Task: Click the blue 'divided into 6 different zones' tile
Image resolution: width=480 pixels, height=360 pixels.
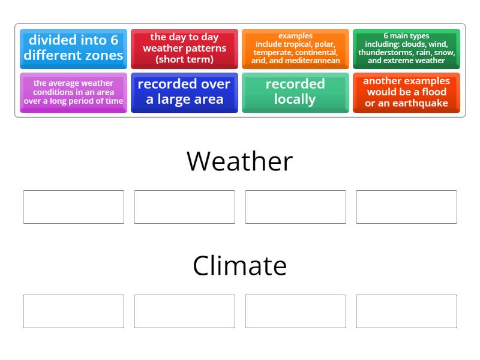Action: pyautogui.click(x=73, y=49)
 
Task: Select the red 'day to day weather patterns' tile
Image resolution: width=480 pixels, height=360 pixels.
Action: pyautogui.click(x=184, y=49)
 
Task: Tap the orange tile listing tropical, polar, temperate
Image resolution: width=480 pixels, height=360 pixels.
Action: pyautogui.click(x=295, y=49)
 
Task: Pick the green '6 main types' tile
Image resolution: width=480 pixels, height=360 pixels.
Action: pyautogui.click(x=406, y=49)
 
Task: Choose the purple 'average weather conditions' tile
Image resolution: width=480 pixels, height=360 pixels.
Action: pyautogui.click(x=73, y=92)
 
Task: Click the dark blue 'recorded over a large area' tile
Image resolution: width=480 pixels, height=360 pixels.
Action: pyautogui.click(x=184, y=92)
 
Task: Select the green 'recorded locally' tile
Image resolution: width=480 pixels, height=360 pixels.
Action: pyautogui.click(x=295, y=92)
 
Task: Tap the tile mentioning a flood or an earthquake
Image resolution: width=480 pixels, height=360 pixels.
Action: pyautogui.click(x=406, y=92)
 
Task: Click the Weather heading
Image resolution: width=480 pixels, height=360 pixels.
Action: pyautogui.click(x=239, y=161)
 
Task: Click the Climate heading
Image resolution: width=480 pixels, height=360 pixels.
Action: pyautogui.click(x=239, y=266)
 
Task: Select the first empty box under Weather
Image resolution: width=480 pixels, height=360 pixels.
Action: pyautogui.click(x=73, y=207)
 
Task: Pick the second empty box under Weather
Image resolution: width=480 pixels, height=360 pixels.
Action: pyautogui.click(x=184, y=207)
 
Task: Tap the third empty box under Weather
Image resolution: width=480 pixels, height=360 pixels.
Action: pyautogui.click(x=295, y=207)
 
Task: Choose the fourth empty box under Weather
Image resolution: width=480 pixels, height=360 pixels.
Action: pyautogui.click(x=406, y=207)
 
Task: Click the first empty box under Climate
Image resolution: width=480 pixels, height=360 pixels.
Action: pyautogui.click(x=73, y=311)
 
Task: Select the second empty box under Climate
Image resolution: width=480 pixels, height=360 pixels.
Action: pyautogui.click(x=184, y=311)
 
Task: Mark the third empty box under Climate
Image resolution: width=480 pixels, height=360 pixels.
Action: pyautogui.click(x=295, y=311)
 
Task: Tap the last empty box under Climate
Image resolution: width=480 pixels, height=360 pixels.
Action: pyautogui.click(x=406, y=311)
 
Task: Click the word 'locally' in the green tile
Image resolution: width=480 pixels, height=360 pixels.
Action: pyautogui.click(x=295, y=100)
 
